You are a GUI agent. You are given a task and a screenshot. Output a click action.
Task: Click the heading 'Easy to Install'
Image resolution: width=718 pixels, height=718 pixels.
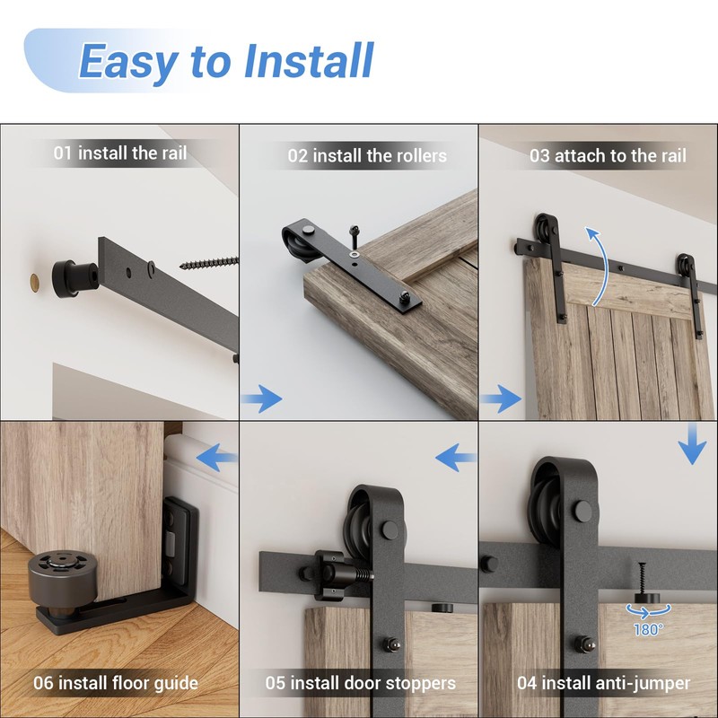point(225,61)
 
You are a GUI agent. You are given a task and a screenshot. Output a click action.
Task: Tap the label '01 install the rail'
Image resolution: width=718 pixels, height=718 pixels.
point(120,153)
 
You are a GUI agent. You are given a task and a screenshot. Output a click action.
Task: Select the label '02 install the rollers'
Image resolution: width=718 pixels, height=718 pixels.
point(367,155)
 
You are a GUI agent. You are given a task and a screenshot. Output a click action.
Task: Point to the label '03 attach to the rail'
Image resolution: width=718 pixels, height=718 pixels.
point(608,155)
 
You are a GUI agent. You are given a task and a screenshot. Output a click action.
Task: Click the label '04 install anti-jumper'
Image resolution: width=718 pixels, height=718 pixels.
point(604,683)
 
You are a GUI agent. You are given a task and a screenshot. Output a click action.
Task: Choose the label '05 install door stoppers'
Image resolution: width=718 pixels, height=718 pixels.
point(360,683)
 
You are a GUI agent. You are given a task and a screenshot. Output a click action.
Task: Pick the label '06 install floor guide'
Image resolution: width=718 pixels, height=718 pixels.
point(116,683)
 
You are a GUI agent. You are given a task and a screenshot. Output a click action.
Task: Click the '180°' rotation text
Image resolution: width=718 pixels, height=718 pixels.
point(647,629)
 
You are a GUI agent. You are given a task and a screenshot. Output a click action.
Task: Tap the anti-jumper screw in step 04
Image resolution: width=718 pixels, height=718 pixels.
point(643,580)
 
